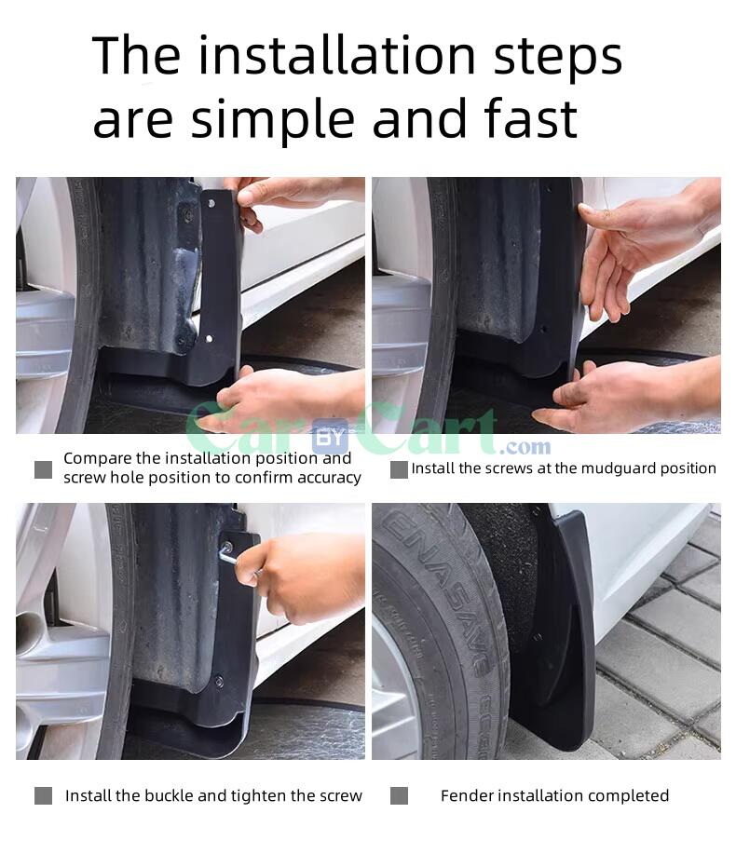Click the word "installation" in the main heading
(x=336, y=55)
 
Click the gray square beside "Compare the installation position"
(x=43, y=469)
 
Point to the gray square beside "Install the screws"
(x=399, y=469)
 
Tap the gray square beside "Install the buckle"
(x=43, y=795)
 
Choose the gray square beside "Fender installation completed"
(x=399, y=795)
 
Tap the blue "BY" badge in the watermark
(x=330, y=436)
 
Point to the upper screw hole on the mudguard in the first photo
(x=211, y=203)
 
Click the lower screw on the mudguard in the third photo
(x=218, y=681)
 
